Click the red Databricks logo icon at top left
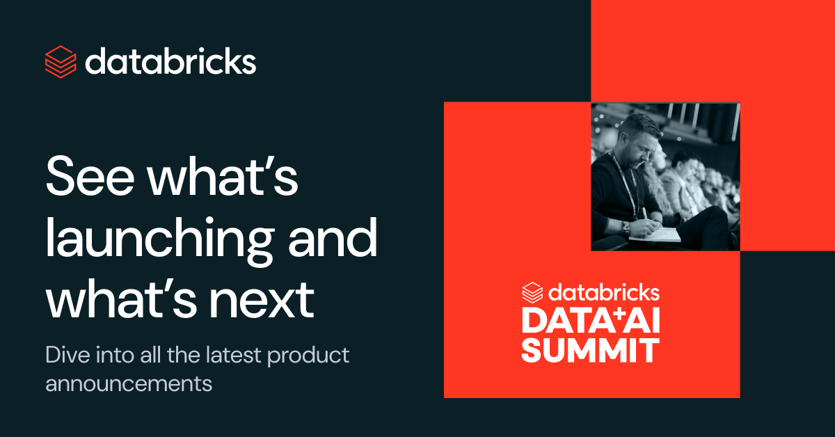coord(61,62)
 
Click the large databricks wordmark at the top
coord(170,61)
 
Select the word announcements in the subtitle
coord(129,383)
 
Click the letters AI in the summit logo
coord(638,321)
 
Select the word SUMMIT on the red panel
coord(591,350)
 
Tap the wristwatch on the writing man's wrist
coord(626,226)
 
